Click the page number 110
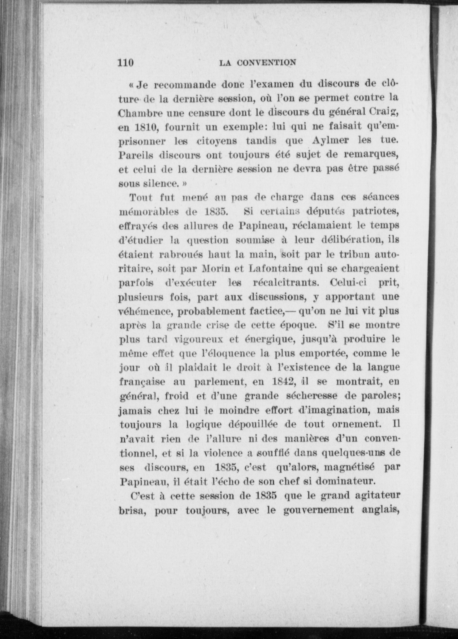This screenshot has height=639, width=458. pos(126,63)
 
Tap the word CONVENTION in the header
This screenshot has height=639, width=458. pos(267,63)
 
